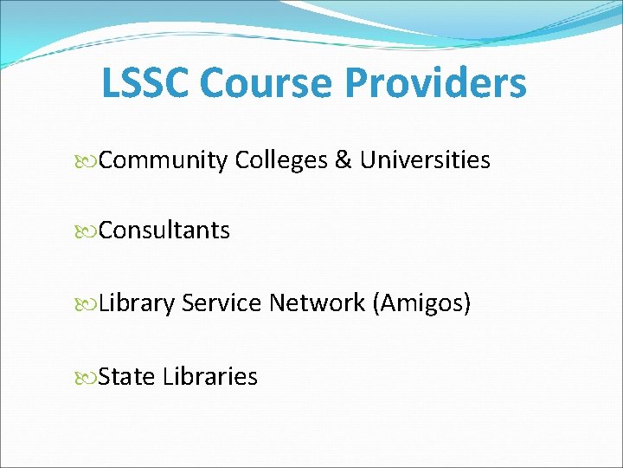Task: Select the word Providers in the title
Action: pyautogui.click(x=435, y=83)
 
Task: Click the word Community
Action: pyautogui.click(x=164, y=161)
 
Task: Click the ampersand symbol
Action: pyautogui.click(x=344, y=161)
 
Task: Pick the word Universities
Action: pyautogui.click(x=425, y=160)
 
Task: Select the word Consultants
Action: pyautogui.click(x=164, y=231)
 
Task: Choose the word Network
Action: pyautogui.click(x=317, y=303)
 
